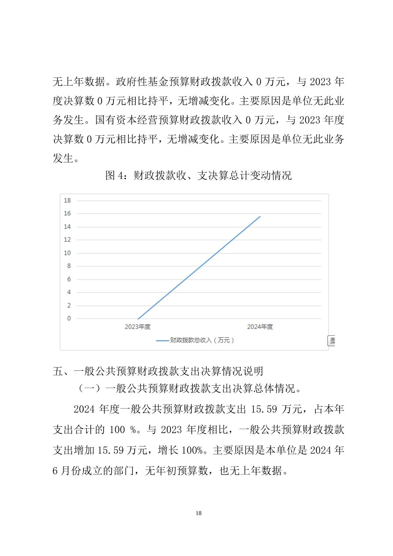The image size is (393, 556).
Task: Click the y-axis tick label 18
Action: tap(67, 200)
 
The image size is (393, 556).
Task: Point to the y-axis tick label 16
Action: tap(67, 214)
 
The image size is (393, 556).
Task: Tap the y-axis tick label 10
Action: tap(67, 253)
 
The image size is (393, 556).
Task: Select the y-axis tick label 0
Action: tap(69, 319)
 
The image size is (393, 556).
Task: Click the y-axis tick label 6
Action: tap(69, 279)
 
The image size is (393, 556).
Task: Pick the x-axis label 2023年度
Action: tap(138, 327)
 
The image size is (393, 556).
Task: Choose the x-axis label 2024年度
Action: tap(260, 327)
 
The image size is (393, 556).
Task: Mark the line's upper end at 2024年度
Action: tap(260, 217)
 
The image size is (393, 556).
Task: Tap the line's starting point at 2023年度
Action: tap(138, 319)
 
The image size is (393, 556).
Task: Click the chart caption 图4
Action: tap(115, 176)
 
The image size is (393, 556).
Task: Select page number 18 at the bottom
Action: tap(199, 513)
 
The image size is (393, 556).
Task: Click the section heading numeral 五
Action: tap(58, 371)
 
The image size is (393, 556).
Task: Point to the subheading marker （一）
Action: tap(89, 388)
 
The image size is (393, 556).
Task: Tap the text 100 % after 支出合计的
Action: tap(123, 430)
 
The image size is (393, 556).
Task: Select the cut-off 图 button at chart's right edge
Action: tap(332, 341)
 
